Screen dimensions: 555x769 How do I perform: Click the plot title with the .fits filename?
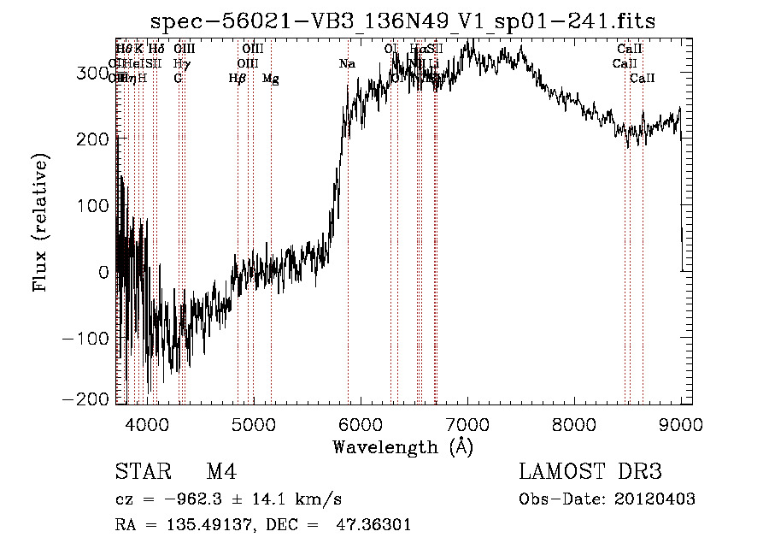click(x=402, y=21)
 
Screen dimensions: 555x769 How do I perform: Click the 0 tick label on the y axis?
click(x=103, y=272)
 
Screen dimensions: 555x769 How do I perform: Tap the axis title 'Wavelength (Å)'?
click(x=402, y=446)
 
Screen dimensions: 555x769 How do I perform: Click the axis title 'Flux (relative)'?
click(x=40, y=222)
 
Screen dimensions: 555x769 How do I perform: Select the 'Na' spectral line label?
click(x=347, y=64)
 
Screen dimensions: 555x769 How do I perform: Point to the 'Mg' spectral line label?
click(x=270, y=79)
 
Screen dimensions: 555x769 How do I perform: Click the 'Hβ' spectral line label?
click(x=238, y=79)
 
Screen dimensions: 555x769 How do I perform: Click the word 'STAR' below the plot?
click(x=143, y=473)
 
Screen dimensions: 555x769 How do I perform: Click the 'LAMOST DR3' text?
click(x=590, y=473)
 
